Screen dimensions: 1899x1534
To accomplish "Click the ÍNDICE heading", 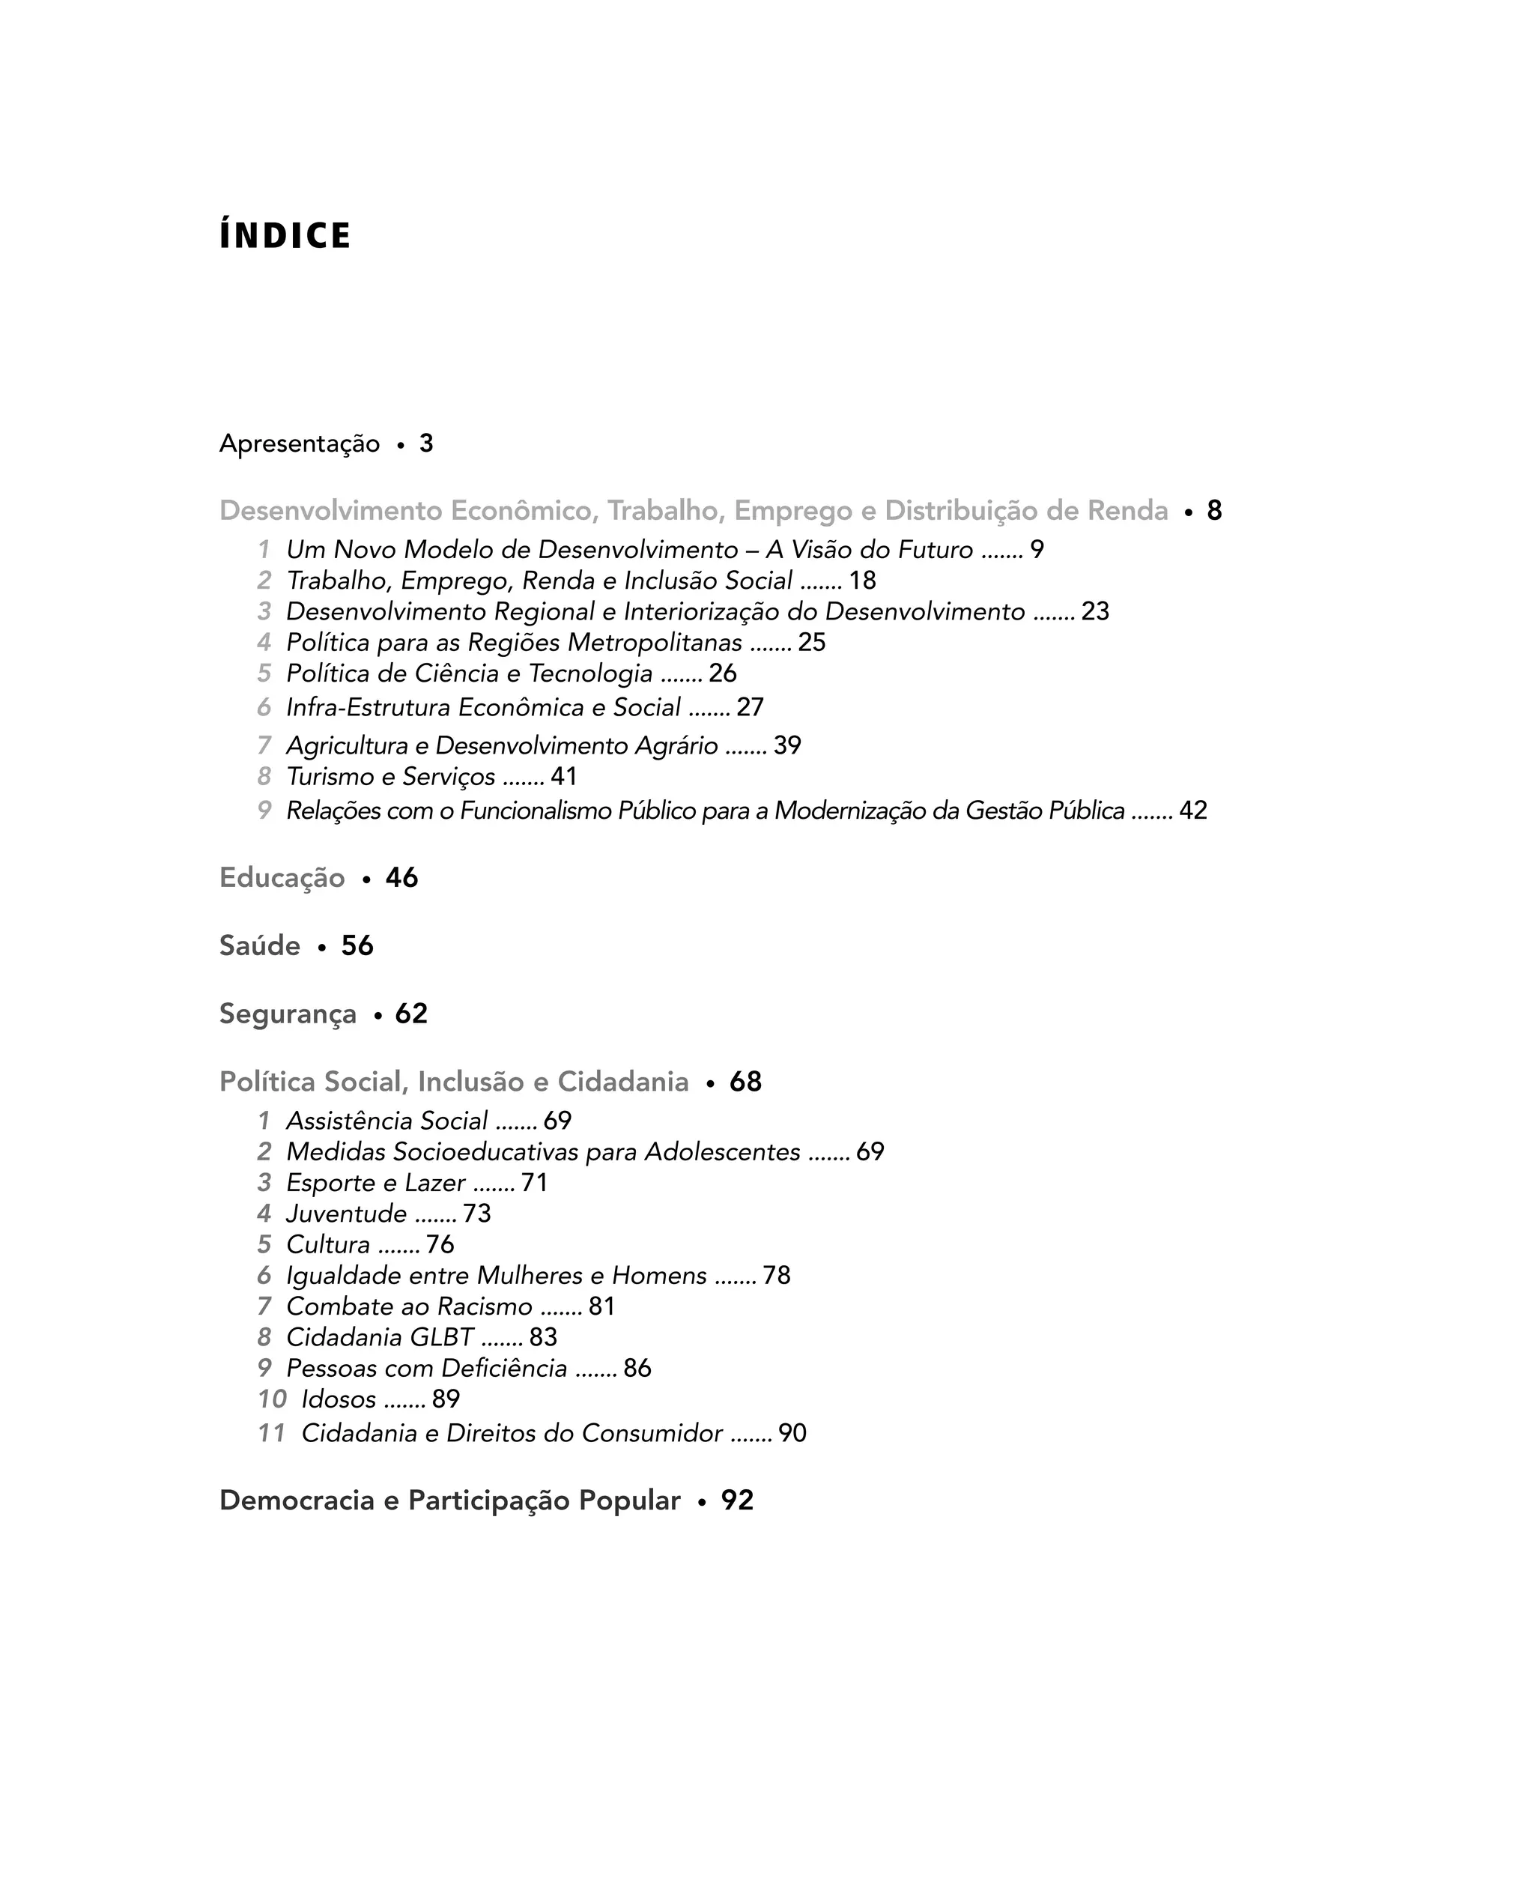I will [x=285, y=236].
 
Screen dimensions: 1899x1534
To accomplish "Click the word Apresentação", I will [x=299, y=443].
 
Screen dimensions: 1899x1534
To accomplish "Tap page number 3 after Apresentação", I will [x=426, y=443].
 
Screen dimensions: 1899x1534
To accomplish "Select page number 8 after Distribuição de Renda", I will [x=1214, y=511].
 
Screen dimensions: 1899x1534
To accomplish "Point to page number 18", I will [x=861, y=581].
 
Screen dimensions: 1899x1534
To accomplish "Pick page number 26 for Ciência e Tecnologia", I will [x=722, y=673].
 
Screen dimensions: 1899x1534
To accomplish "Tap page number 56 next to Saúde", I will [x=357, y=945].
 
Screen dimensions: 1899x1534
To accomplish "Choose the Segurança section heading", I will [x=287, y=1014].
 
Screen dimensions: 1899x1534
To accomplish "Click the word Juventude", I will [x=346, y=1214].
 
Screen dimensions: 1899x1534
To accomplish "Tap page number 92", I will [x=737, y=1500].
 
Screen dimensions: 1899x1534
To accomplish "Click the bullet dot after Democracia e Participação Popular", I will [x=701, y=1501].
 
